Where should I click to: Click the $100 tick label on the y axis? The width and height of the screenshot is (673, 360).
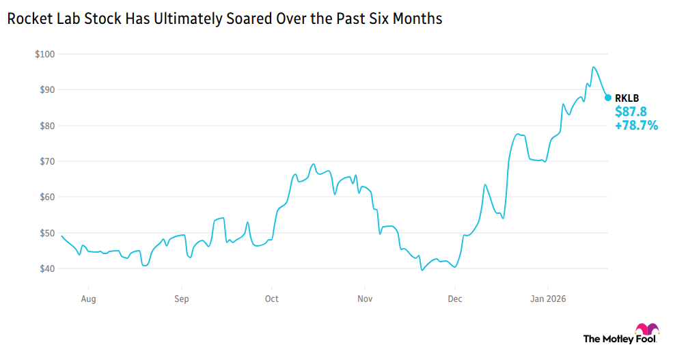point(46,54)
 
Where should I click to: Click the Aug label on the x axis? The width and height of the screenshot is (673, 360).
point(88,299)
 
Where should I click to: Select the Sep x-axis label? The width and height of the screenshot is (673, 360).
point(181,299)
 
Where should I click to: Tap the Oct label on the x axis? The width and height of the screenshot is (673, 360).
point(272,299)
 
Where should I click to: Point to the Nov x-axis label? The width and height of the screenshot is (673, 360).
point(365,299)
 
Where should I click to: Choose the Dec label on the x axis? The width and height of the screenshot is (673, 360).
point(455,299)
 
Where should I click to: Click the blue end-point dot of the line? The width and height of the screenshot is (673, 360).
point(608,98)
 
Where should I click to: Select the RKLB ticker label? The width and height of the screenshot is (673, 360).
point(627,98)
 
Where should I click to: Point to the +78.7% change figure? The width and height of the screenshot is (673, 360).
point(636,125)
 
